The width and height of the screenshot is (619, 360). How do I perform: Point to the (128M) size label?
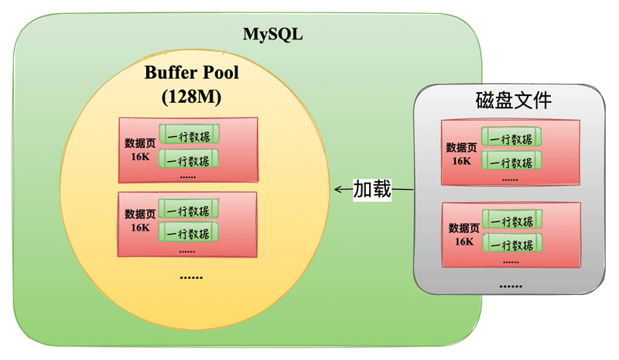(x=192, y=98)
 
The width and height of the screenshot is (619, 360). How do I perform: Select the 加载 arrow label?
(x=372, y=189)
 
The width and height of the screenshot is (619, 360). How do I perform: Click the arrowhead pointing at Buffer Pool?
(x=337, y=189)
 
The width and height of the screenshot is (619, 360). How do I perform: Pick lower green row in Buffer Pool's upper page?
(x=188, y=160)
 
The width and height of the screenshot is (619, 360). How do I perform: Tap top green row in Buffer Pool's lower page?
(x=188, y=210)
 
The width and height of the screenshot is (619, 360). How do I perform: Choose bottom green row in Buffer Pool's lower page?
(x=188, y=233)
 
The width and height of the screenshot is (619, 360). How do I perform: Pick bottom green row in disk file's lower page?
(x=511, y=244)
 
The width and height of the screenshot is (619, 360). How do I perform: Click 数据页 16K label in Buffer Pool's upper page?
(x=140, y=150)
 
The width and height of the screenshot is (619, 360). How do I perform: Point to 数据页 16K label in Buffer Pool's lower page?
(x=140, y=221)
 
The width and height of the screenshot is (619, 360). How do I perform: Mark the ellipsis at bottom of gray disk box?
(x=511, y=287)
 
